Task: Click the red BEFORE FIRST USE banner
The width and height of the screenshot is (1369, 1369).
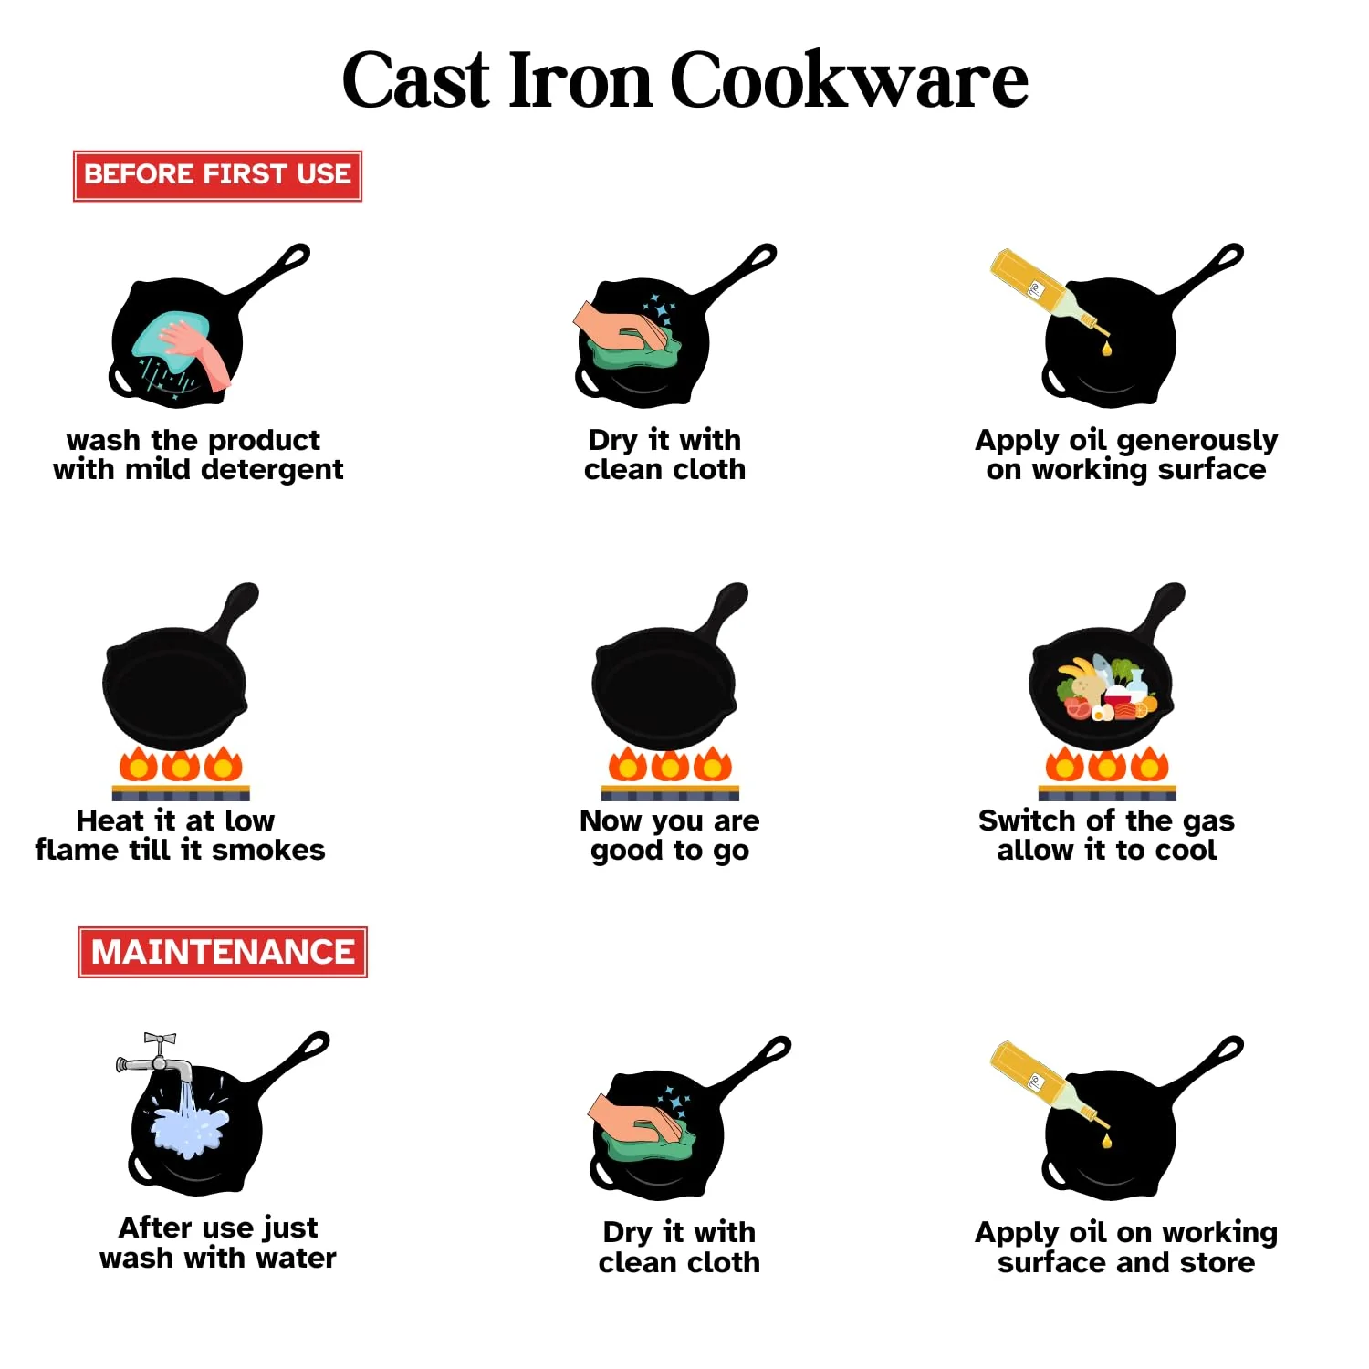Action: click(x=217, y=175)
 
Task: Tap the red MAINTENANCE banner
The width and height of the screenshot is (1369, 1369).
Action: click(x=223, y=952)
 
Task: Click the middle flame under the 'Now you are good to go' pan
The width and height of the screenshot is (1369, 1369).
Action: click(x=670, y=765)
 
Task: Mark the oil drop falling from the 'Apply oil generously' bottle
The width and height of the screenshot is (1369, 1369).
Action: click(x=1107, y=348)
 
